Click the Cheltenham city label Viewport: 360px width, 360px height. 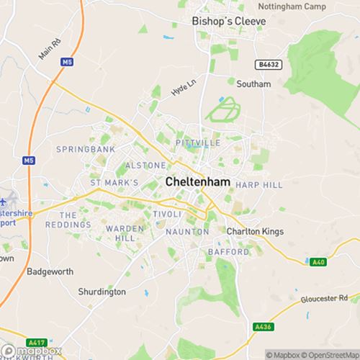tap(198, 182)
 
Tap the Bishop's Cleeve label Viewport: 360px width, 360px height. tap(229, 22)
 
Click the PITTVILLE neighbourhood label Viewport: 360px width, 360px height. tap(197, 143)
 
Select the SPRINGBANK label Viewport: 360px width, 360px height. tap(86, 149)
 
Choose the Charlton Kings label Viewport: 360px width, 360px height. tap(255, 231)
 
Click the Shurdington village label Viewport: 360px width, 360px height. tap(102, 292)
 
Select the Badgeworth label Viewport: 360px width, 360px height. tap(46, 271)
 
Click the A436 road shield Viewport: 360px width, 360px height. tap(262, 326)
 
